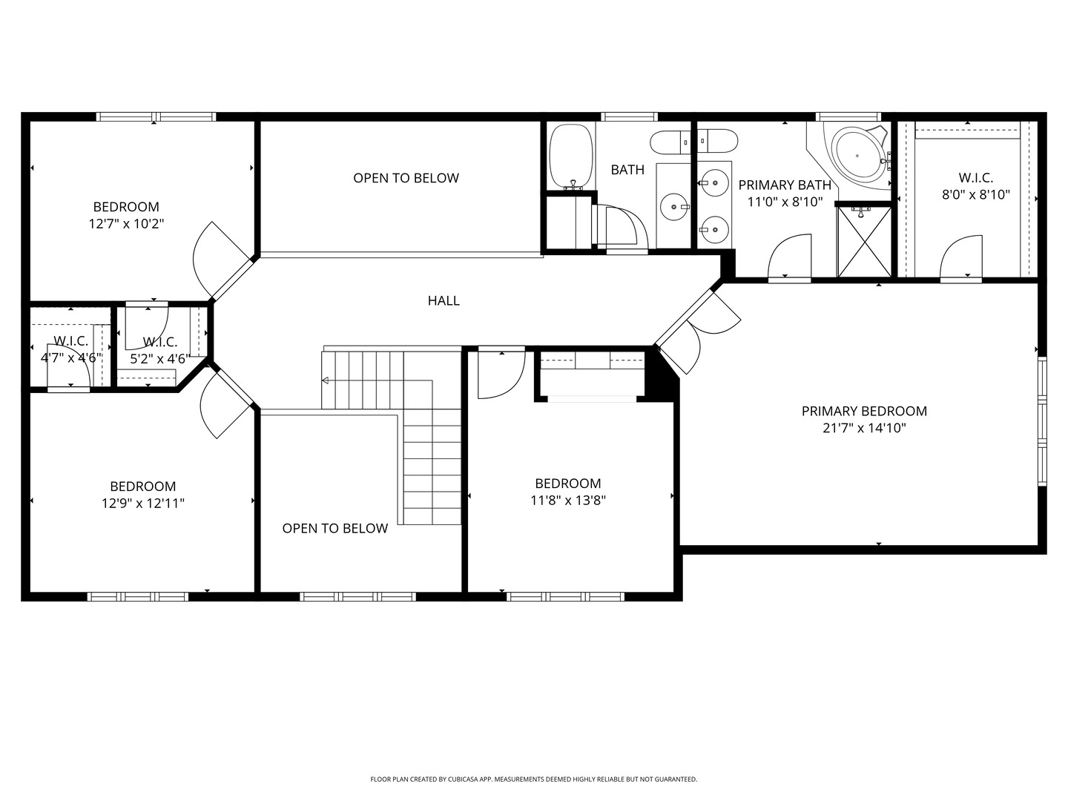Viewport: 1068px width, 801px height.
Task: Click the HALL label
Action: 444,300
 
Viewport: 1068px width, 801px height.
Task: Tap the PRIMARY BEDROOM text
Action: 864,411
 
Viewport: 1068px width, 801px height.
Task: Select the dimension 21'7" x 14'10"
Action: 864,428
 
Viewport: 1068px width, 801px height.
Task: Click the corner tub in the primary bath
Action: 860,156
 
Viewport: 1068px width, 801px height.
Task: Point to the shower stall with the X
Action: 863,242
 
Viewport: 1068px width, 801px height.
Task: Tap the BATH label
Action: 627,170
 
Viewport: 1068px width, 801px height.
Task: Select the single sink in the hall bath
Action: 674,207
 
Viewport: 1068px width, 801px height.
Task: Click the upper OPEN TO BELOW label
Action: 406,178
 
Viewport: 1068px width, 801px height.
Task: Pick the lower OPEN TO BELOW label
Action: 334,528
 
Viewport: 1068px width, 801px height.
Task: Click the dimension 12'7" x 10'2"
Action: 126,224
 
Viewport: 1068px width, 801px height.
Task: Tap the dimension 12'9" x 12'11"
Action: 143,503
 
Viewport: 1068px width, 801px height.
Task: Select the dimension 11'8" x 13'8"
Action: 568,500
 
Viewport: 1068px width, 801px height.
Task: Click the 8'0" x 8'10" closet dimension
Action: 976,194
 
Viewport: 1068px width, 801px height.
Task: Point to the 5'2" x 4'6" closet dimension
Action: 160,359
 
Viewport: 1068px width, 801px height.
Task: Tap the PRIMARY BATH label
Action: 785,185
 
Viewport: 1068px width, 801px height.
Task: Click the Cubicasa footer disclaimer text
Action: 534,779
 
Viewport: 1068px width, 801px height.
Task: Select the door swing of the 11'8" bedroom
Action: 501,375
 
